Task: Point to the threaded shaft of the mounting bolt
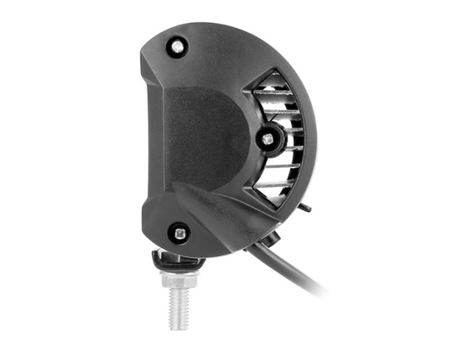click(178, 306)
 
